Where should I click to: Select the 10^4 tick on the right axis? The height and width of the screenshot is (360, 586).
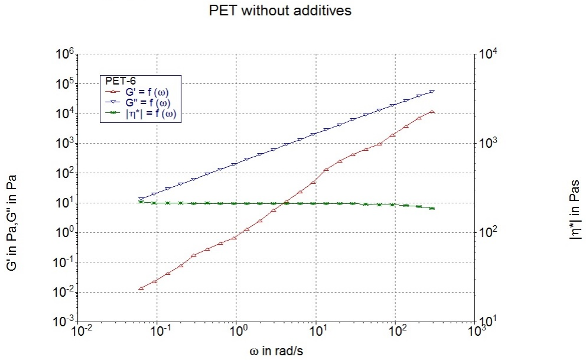point(490,54)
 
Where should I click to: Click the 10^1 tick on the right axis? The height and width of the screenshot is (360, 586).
point(490,322)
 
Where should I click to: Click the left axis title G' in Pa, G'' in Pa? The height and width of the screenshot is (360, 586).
point(12,223)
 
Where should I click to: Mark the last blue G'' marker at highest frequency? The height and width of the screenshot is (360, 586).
point(432,92)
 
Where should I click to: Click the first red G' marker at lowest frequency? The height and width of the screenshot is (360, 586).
point(141,288)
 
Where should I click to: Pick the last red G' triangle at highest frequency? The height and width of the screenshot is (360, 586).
point(432,111)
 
